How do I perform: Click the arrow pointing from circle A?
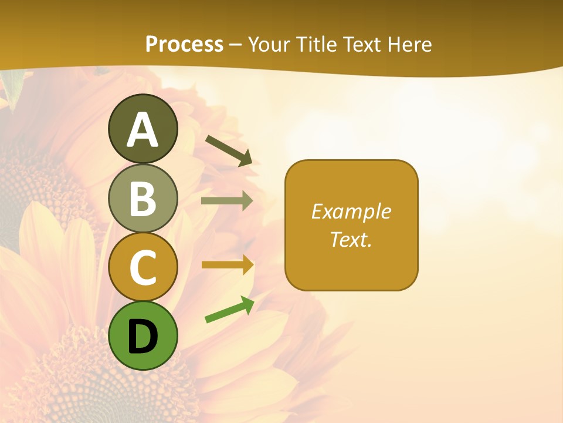pos(229,150)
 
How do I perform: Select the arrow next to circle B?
pos(227,201)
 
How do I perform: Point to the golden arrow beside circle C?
pos(227,265)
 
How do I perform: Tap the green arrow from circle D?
pos(229,310)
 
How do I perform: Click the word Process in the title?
pos(184,44)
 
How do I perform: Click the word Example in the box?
pos(351,211)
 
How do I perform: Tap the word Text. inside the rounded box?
pos(351,240)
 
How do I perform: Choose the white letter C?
pos(143,268)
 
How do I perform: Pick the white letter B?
pos(143,199)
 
